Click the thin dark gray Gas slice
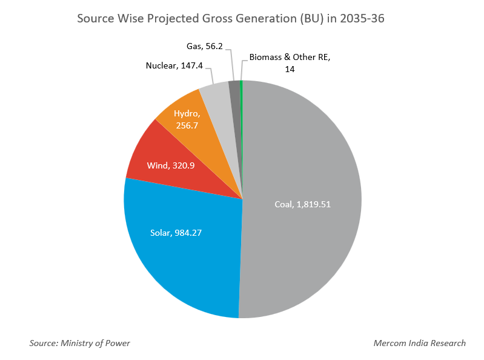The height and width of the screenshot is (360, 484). (x=234, y=97)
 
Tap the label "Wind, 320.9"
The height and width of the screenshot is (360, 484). (x=170, y=165)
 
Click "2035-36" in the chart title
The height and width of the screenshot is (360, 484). (x=362, y=19)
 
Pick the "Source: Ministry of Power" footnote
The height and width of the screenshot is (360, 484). (x=79, y=343)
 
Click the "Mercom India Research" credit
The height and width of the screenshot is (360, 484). (x=419, y=343)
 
